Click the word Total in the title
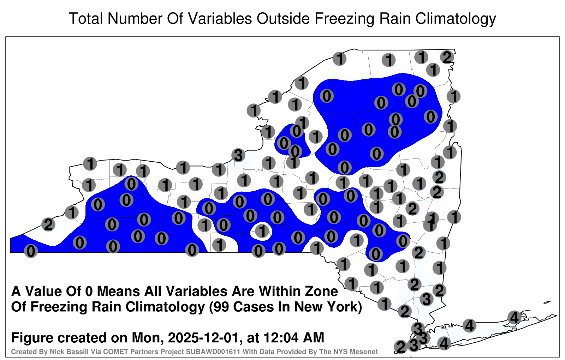(85, 18)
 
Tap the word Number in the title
(135, 18)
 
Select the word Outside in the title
(283, 18)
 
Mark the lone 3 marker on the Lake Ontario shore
(238, 155)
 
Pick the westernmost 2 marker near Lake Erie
(48, 224)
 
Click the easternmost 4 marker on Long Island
(514, 317)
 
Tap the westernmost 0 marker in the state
(31, 251)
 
